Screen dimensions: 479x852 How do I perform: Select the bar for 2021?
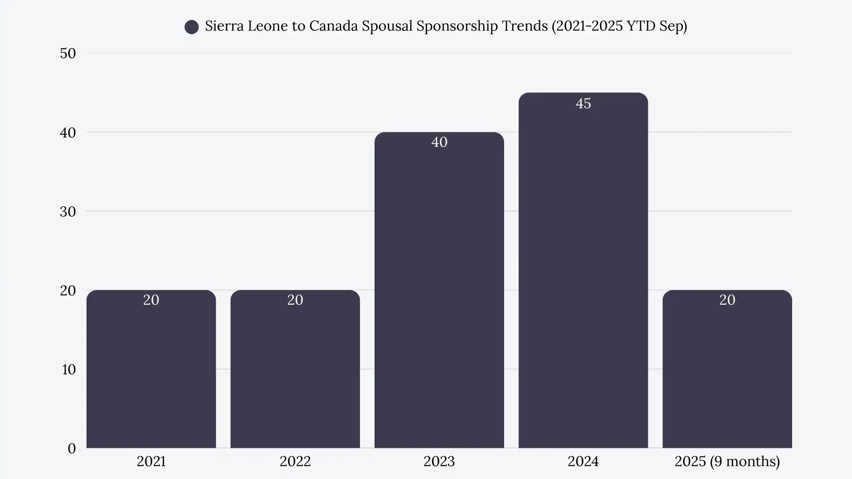pyautogui.click(x=151, y=373)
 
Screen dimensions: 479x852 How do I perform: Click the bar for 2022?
pyautogui.click(x=295, y=373)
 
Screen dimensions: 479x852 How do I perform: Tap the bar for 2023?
pyautogui.click(x=439, y=293)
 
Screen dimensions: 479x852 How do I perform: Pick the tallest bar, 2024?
pyautogui.click(x=583, y=275)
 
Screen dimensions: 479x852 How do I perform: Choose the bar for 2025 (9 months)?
pyautogui.click(x=727, y=373)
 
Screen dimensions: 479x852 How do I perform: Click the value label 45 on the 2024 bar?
pyautogui.click(x=583, y=103)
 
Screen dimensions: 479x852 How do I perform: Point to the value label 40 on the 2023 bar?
pyautogui.click(x=439, y=142)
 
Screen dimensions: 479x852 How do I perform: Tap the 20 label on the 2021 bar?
pyautogui.click(x=151, y=300)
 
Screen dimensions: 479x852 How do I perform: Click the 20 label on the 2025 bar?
pyautogui.click(x=727, y=300)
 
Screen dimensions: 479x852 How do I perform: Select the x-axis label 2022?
pyautogui.click(x=295, y=461)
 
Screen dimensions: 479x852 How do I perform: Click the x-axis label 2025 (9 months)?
pyautogui.click(x=727, y=461)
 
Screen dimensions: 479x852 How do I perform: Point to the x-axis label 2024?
pyautogui.click(x=583, y=461)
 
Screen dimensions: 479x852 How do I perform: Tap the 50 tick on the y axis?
pyautogui.click(x=68, y=53)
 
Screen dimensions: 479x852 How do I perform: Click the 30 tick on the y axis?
pyautogui.click(x=68, y=212)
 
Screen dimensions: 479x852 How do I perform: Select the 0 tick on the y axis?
pyautogui.click(x=71, y=448)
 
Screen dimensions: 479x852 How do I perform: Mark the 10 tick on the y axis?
pyautogui.click(x=69, y=369)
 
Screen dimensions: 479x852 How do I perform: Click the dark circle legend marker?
pyautogui.click(x=192, y=27)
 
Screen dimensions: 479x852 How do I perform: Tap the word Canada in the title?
pyautogui.click(x=333, y=26)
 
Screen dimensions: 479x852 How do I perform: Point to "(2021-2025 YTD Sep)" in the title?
pyautogui.click(x=619, y=26)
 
